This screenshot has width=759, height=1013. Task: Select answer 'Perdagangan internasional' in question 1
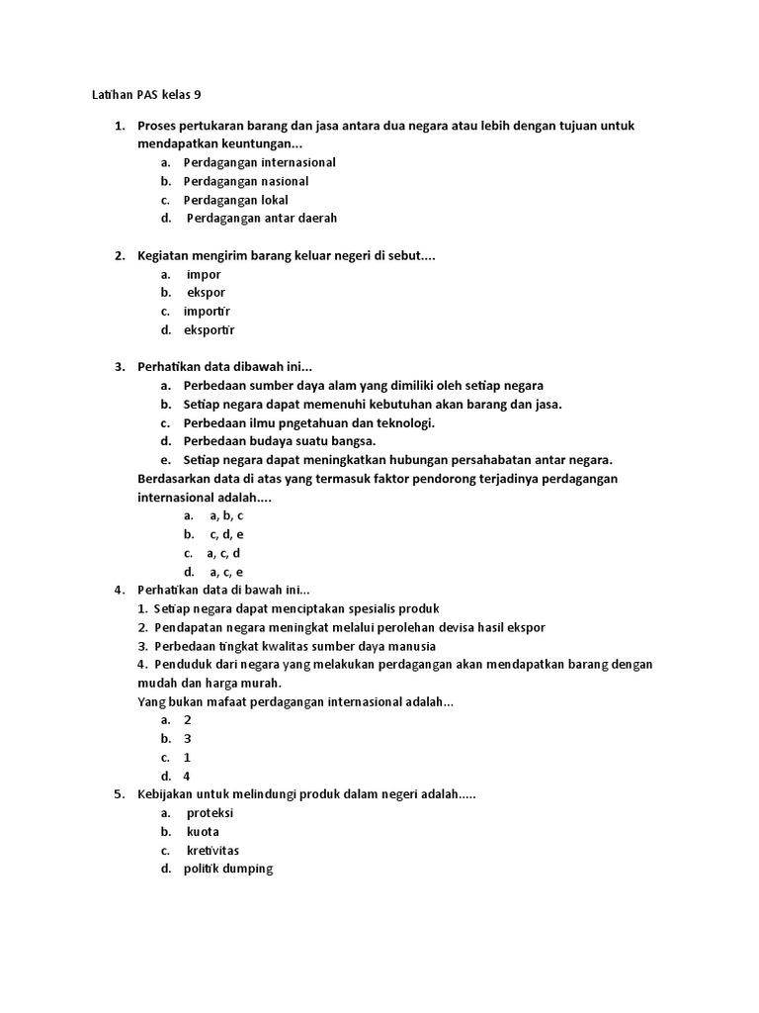coord(259,162)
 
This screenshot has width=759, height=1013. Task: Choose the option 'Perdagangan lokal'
coord(235,200)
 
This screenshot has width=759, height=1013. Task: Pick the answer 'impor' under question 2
coord(204,274)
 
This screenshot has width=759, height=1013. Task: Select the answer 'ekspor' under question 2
coord(206,293)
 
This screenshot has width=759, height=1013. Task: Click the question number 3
coord(119,367)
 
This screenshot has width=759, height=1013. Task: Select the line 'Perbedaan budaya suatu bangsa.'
coord(280,441)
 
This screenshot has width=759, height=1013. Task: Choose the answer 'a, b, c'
coord(226,515)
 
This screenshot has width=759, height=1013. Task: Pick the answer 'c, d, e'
coord(226,534)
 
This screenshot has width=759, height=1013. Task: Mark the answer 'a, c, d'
coord(223,553)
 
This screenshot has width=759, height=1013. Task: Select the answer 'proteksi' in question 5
coord(210,813)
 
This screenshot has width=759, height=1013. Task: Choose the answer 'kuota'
coord(203,832)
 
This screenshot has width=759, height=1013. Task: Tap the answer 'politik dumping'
coord(227,869)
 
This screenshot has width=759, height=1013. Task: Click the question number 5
coord(119,794)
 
